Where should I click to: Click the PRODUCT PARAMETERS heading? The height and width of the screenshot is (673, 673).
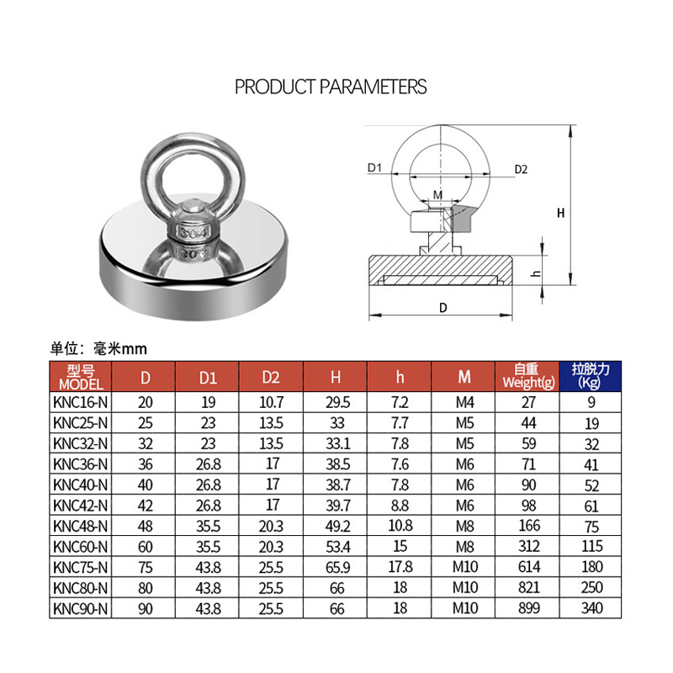pos(331,87)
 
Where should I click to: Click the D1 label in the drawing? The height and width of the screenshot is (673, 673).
pos(375,168)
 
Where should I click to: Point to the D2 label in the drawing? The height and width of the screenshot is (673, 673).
pos(521,169)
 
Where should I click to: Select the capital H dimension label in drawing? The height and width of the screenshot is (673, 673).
pos(560,214)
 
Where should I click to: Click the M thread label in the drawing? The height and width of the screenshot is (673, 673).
pos(437,195)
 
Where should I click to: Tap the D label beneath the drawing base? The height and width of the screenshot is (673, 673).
pos(442,308)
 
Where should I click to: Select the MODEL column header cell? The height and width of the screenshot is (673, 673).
pos(81,375)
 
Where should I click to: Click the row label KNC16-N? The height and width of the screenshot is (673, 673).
pos(81,403)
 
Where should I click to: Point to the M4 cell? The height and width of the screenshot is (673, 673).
pos(464,403)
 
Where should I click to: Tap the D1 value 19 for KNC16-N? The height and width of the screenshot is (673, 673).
pos(209,403)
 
